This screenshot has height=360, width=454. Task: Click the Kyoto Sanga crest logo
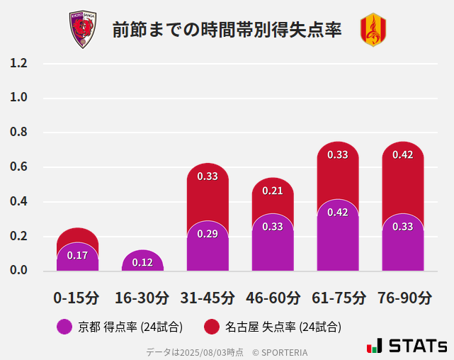coord(82,30)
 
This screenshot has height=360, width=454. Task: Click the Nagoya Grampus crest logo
coord(373,30)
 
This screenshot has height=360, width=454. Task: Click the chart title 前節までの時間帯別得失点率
coord(227,30)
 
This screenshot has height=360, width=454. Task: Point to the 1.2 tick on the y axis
coord(18,64)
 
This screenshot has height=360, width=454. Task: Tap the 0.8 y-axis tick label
coord(18,133)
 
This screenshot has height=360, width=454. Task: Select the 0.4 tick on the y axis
coord(18,202)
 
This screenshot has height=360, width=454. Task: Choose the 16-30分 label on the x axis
coord(142,298)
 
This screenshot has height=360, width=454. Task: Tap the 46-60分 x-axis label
coord(273,298)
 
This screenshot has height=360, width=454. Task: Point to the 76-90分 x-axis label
coord(403,298)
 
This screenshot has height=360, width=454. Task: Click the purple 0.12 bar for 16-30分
coord(142,261)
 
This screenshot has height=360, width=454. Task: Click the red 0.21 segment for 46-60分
coord(273,194)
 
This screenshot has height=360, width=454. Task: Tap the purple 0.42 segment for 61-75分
coord(338,237)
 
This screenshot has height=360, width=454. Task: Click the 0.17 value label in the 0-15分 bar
coord(77,256)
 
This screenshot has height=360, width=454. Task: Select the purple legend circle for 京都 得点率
coord(64,327)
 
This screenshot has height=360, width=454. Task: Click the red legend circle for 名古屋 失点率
coord(211,327)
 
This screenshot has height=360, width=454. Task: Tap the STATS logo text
coord(416,346)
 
